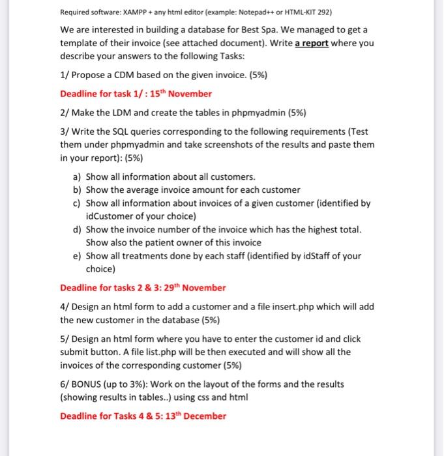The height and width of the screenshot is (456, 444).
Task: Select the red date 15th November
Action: point(181,93)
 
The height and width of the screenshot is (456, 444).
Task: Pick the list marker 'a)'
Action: point(76,177)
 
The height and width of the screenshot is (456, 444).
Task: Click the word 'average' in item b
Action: point(140,190)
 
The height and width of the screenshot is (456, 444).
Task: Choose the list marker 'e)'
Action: point(76,255)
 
